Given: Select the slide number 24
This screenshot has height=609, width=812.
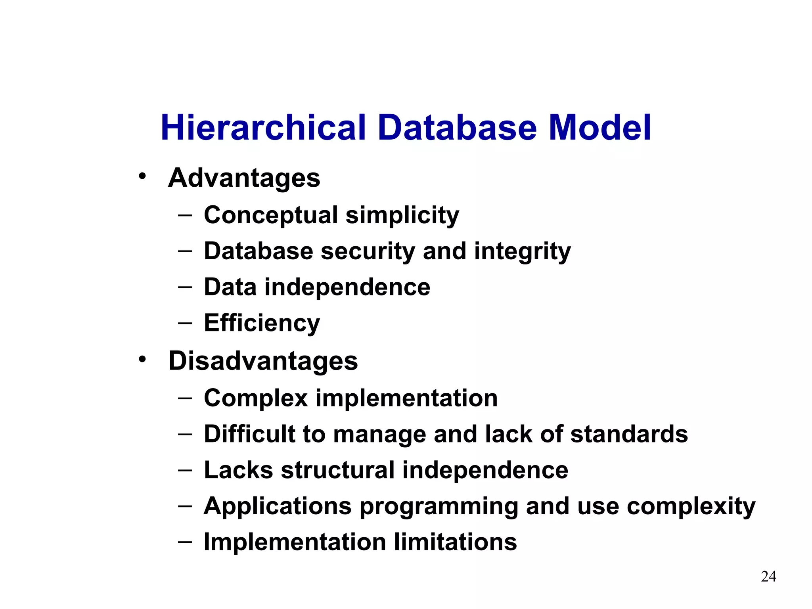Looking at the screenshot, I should point(768,576).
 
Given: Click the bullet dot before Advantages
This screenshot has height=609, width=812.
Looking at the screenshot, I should point(142,176).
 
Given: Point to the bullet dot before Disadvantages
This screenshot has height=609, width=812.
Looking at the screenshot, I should point(142,359).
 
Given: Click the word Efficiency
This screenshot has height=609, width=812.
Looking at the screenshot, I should point(262,323).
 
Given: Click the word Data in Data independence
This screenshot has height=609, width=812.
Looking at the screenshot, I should point(230,287).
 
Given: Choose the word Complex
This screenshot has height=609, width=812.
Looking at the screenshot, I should point(256,398).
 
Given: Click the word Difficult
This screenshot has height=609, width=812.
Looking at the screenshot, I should point(249,434).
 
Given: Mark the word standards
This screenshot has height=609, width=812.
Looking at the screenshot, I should point(629,434).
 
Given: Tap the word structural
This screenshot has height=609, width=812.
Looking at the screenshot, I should point(337,470).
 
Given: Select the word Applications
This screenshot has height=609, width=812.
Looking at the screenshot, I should point(278,507).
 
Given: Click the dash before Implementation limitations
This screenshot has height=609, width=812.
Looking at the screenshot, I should point(185,542).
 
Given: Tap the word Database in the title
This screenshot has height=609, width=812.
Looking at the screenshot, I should point(457,128).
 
